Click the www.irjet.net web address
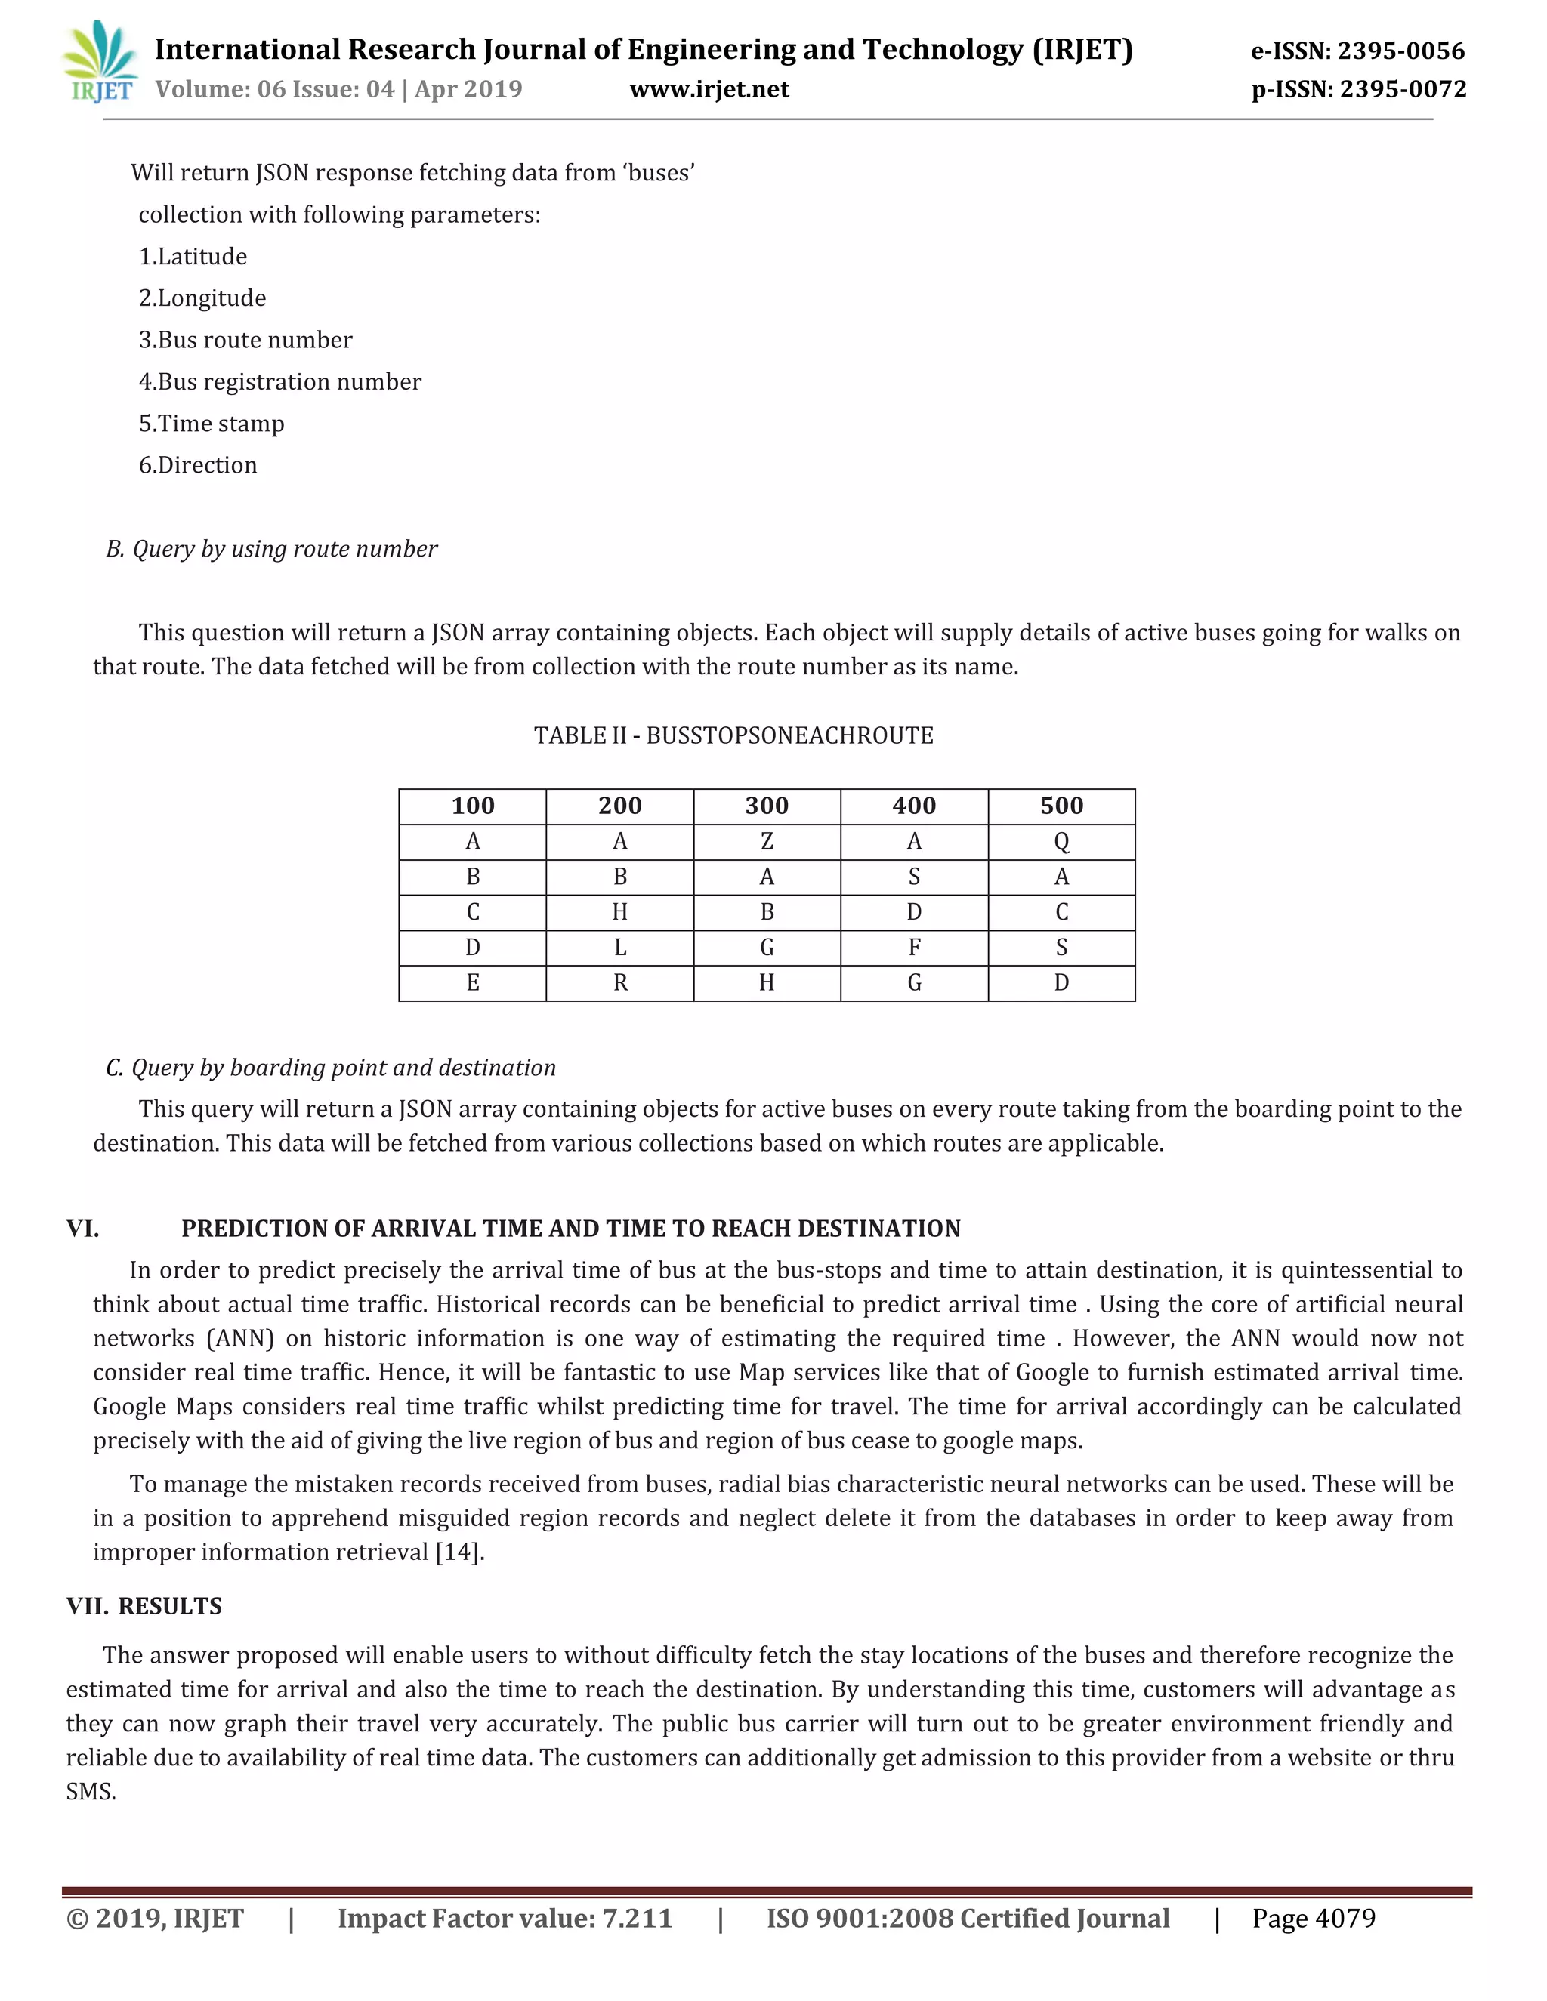(x=709, y=89)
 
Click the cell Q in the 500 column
(x=1061, y=841)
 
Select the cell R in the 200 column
(x=619, y=983)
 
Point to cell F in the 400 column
(x=914, y=948)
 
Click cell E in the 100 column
(x=472, y=983)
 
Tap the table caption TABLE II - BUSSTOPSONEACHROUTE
(x=733, y=735)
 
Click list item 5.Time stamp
(x=212, y=424)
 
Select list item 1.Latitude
(x=193, y=257)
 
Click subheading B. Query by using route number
(x=271, y=549)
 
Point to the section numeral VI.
(x=82, y=1229)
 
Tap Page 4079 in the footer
(x=1314, y=1919)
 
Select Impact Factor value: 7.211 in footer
(x=505, y=1919)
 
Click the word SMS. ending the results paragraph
(x=91, y=1791)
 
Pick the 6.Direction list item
(x=198, y=465)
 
